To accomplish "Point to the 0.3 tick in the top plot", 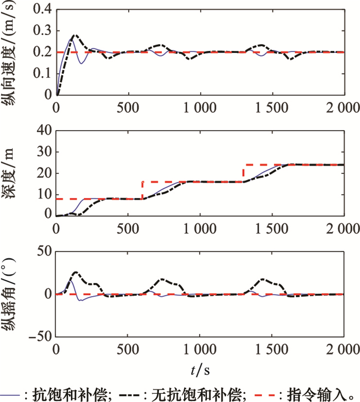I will click(44, 31).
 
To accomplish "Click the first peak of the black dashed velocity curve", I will click(75, 35).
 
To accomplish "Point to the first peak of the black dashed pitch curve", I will click(75, 272).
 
